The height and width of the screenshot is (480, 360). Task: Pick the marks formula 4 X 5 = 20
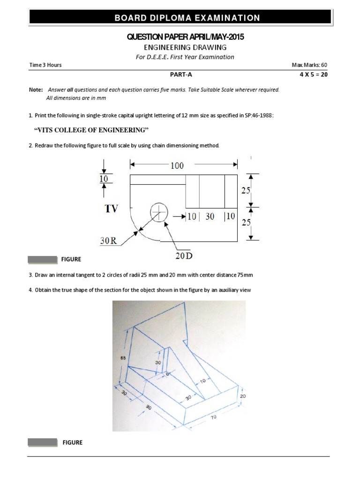click(313, 74)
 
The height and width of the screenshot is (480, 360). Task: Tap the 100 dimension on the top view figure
click(177, 165)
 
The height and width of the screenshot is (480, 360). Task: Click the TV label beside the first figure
click(112, 209)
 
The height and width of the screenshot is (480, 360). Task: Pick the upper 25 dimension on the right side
click(246, 190)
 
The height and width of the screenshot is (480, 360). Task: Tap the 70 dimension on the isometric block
click(214, 416)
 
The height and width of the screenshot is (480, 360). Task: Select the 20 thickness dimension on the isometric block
click(242, 396)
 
